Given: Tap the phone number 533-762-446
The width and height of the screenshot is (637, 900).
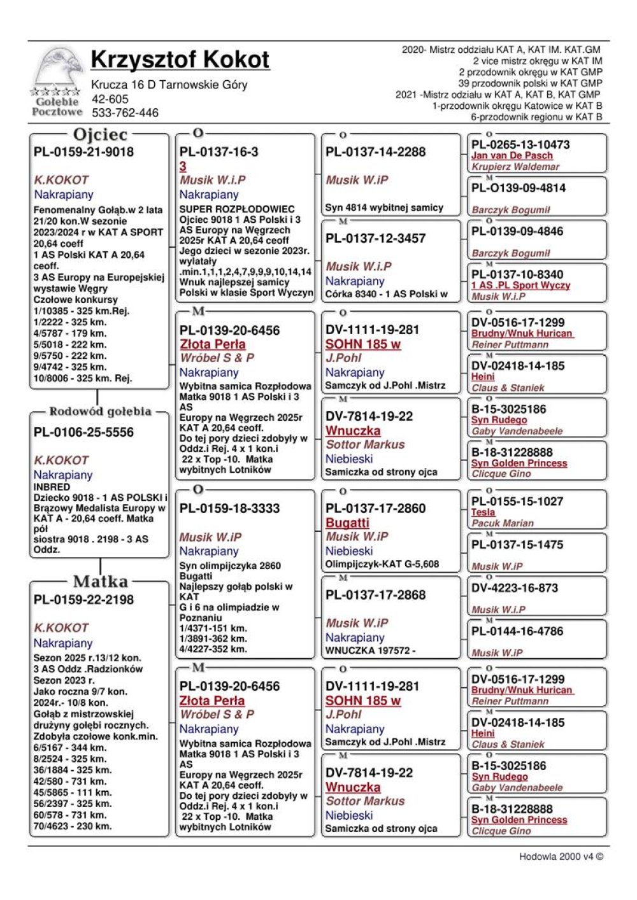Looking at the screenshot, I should tap(125, 113).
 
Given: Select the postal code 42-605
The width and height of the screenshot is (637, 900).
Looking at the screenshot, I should tap(110, 99).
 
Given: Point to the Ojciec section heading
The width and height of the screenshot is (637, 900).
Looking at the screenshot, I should tap(100, 134).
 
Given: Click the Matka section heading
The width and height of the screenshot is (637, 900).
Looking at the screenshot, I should tap(100, 581).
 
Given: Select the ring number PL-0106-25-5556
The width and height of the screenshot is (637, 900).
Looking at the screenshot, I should tap(83, 432).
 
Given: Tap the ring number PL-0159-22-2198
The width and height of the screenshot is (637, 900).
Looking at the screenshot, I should tap(83, 600).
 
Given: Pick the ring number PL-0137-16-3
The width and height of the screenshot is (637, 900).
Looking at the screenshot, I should tap(218, 151).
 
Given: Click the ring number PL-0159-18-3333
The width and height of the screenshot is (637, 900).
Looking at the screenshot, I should tap(229, 509).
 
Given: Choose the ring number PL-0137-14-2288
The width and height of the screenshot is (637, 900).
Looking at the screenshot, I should tap(375, 151).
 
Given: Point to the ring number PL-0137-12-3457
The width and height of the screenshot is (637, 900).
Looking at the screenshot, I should tap(375, 238).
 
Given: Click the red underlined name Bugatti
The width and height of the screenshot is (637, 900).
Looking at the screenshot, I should tap(347, 523).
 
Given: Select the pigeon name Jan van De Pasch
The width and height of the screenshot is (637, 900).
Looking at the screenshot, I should tap(512, 155).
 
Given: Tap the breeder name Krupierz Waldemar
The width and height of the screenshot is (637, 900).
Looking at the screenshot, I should tap(515, 167).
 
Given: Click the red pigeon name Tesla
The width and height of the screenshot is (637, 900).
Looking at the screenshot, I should tap(483, 512).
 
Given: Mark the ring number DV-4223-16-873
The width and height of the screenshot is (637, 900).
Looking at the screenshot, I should tap(514, 588).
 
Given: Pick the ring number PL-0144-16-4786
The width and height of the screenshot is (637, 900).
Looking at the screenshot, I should tap(517, 631).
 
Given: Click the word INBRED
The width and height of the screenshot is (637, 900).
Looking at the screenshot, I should tap(52, 487).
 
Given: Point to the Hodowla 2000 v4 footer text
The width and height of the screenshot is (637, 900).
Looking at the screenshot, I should tap(561, 856).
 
